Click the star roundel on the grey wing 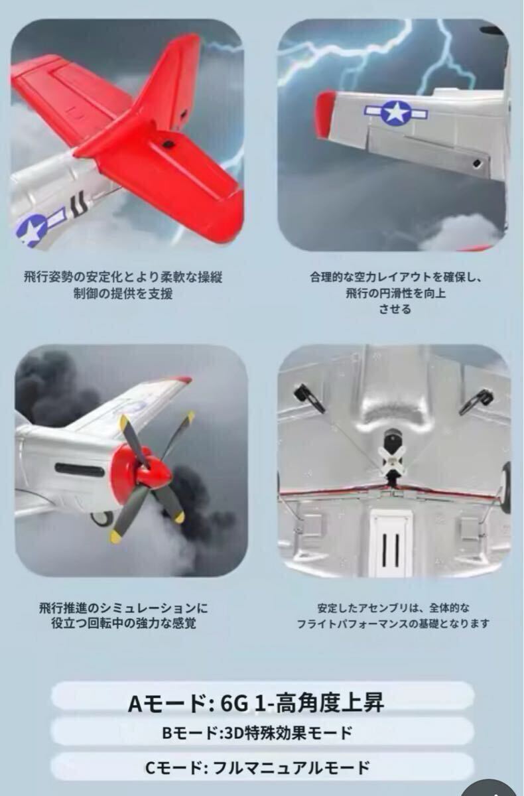[395, 113]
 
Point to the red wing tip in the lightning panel [326, 114]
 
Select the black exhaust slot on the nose [80, 470]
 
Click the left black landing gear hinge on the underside [308, 399]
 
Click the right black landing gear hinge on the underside [476, 401]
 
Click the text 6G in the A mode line [233, 703]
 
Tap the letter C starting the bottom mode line [150, 767]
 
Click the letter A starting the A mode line [135, 704]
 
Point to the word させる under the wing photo [395, 309]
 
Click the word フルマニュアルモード [291, 767]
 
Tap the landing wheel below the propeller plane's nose [103, 518]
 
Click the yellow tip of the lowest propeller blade [116, 536]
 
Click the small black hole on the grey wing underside [477, 163]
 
